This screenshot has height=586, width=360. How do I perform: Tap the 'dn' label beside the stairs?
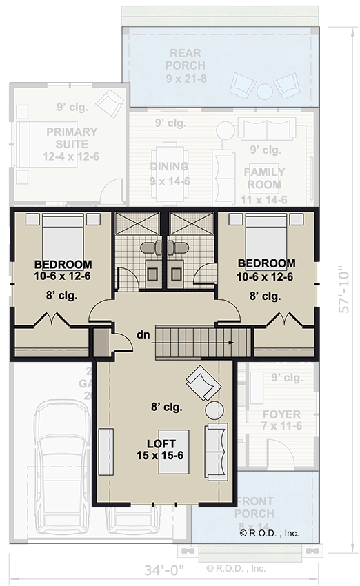click(x=143, y=335)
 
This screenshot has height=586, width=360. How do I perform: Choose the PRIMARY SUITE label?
click(x=72, y=138)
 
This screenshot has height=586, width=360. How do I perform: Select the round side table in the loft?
click(x=215, y=410)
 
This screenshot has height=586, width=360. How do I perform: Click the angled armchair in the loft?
click(x=200, y=383)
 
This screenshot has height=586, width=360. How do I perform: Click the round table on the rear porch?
click(x=264, y=90)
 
